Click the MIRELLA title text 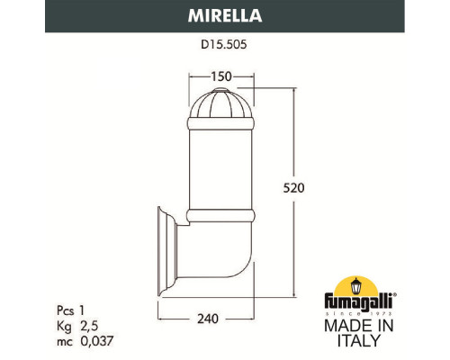coord(224,16)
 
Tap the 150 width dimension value coord(221,77)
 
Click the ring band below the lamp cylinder coord(221,217)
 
